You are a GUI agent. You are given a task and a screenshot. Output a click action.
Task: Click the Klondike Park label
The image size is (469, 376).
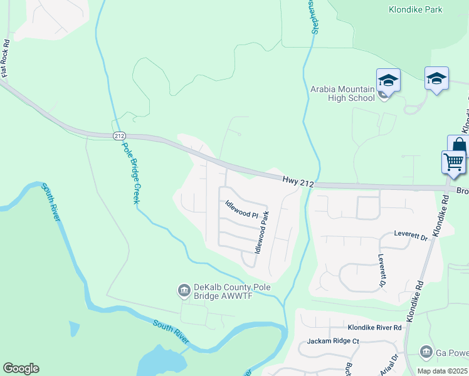(x=415, y=9)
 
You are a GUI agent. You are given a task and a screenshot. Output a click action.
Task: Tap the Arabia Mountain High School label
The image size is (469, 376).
(x=342, y=93)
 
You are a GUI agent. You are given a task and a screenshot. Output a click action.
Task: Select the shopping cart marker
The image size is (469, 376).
(x=453, y=161)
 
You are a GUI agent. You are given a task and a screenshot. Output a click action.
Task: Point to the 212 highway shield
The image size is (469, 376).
(x=119, y=135)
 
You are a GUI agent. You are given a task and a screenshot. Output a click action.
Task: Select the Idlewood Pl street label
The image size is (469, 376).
(x=242, y=210)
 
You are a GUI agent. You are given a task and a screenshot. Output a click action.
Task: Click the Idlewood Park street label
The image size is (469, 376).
(x=262, y=232)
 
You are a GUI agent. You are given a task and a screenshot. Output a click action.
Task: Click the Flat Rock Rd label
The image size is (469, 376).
(x=6, y=59)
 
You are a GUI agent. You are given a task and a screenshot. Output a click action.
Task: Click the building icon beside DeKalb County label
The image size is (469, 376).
(x=184, y=289)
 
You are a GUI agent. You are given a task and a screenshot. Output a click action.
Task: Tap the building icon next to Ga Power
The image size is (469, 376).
(x=426, y=352)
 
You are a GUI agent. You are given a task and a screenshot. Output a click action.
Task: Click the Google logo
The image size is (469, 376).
(x=21, y=368)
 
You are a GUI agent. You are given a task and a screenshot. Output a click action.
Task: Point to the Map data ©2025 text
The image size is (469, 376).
(x=443, y=371)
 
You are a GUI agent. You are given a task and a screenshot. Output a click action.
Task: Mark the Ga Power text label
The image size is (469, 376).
(x=452, y=352)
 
